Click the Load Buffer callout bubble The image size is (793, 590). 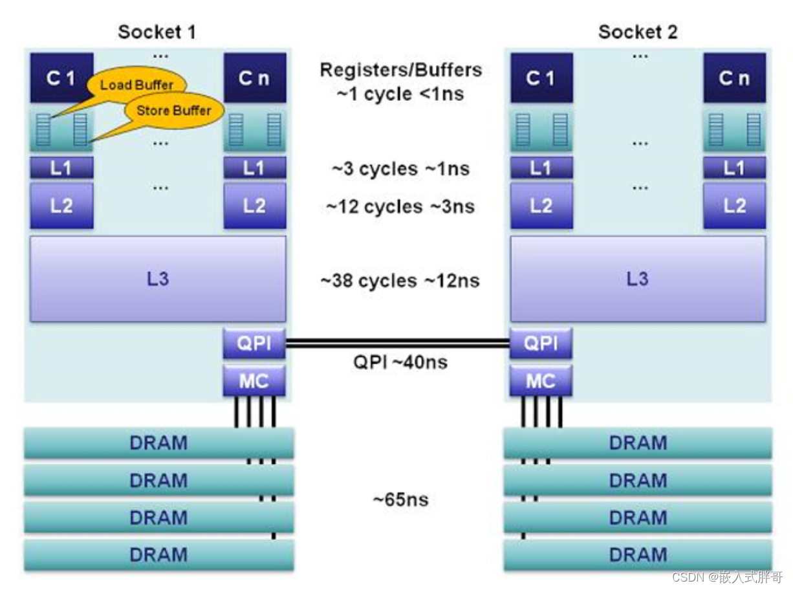click(137, 85)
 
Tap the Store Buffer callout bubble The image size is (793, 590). click(173, 111)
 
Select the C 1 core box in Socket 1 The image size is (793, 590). click(61, 78)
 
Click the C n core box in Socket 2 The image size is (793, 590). click(734, 78)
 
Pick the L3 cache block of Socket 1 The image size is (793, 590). click(158, 279)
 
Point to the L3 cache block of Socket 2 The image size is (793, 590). click(638, 279)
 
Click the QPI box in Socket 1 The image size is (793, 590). click(254, 344)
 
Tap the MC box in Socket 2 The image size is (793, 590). click(540, 380)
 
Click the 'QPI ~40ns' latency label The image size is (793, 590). click(400, 362)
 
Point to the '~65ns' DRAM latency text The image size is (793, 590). click(400, 499)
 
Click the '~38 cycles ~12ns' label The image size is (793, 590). click(400, 281)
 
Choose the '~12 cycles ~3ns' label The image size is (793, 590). click(400, 206)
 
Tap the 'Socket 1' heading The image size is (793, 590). click(157, 32)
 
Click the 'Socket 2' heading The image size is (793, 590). click(638, 32)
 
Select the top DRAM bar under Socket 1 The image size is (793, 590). click(158, 444)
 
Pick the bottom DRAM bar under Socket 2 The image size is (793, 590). click(638, 555)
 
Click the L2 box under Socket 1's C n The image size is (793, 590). click(254, 206)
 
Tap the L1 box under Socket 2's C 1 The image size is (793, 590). click(540, 168)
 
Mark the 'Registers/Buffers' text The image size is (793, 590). click(401, 70)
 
